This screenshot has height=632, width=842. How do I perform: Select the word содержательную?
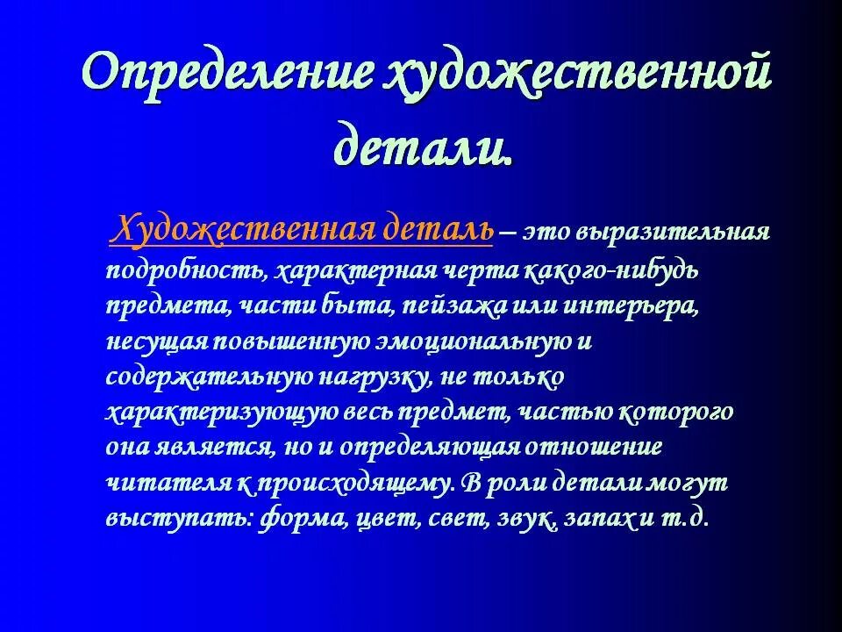(210, 377)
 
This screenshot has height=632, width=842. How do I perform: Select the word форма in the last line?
(303, 518)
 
